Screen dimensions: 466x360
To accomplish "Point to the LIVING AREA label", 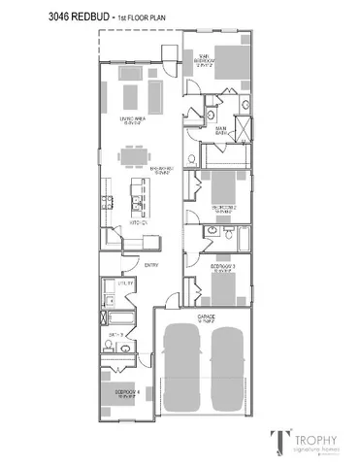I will click(132, 120).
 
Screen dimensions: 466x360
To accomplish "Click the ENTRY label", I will click(150, 265).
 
